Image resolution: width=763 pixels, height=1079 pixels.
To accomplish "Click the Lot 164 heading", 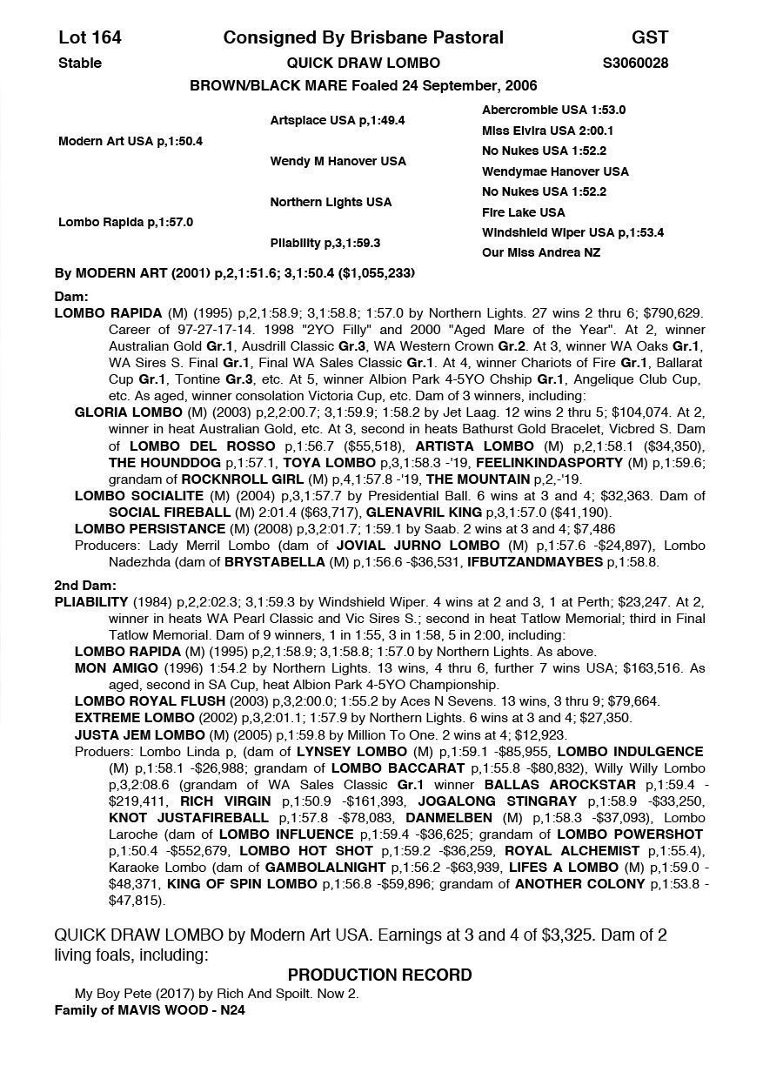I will pyautogui.click(x=90, y=37).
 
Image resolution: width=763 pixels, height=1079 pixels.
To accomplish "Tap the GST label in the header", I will pyautogui.click(x=650, y=37).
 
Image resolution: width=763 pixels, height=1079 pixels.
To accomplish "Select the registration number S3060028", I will pyautogui.click(x=635, y=63).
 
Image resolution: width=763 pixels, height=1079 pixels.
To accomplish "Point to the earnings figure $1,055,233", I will pyautogui.click(x=375, y=273).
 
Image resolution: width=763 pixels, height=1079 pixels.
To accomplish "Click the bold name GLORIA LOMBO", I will pyautogui.click(x=129, y=412).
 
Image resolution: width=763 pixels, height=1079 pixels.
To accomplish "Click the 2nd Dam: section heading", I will pyautogui.click(x=85, y=586).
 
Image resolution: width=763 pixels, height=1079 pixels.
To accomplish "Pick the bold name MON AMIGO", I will pyautogui.click(x=117, y=668).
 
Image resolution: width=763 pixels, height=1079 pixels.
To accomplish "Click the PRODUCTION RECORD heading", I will pyautogui.click(x=380, y=975).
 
